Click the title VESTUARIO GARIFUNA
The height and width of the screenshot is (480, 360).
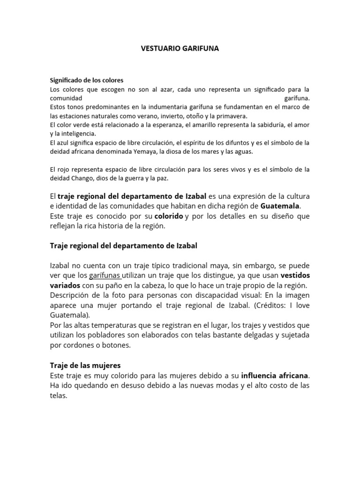180,48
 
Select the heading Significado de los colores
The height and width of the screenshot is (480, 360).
87,80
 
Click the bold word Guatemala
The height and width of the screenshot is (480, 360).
280,206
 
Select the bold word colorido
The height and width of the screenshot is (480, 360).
169,216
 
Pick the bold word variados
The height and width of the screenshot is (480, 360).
65,285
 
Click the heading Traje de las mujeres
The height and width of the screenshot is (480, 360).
85,365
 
